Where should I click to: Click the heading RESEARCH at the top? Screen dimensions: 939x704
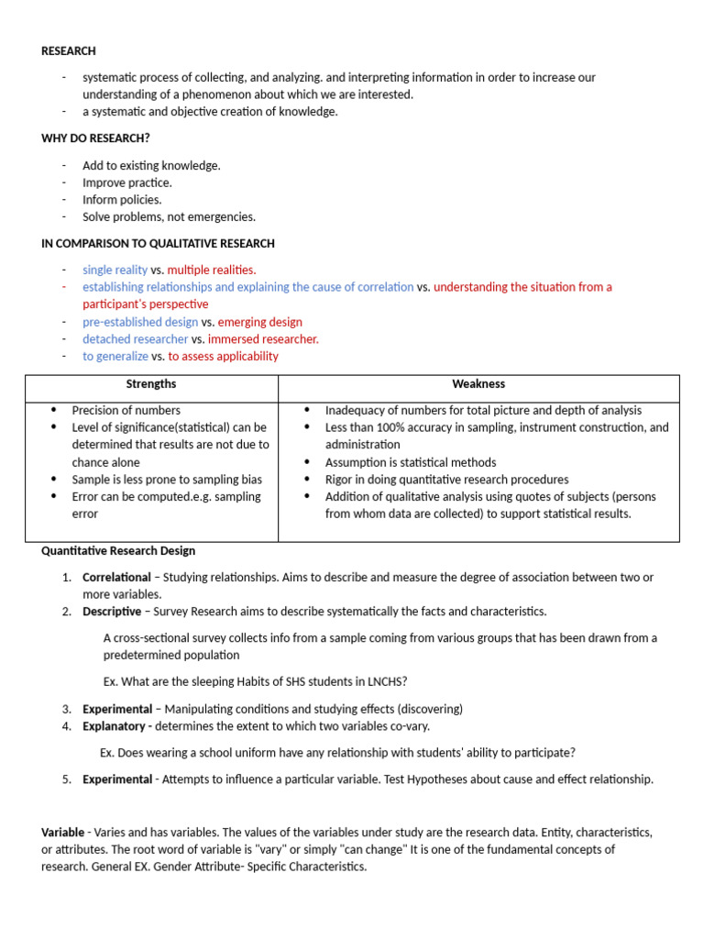click(69, 51)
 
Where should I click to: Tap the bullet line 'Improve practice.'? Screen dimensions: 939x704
click(126, 182)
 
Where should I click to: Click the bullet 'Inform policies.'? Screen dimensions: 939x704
click(121, 200)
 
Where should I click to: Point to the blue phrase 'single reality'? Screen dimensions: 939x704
click(115, 270)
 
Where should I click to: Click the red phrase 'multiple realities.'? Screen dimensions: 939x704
click(211, 270)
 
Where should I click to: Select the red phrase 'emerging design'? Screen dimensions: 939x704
click(259, 322)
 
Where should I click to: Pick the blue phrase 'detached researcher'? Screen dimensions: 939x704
click(135, 339)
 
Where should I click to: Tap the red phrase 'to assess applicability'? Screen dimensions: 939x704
click(223, 356)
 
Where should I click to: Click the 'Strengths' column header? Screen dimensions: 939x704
click(151, 384)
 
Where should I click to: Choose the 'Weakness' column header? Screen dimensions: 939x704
click(478, 384)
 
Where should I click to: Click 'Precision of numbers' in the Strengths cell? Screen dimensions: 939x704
click(126, 411)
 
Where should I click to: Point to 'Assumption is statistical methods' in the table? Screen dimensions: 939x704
click(410, 462)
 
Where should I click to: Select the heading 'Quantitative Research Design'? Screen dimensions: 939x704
click(118, 551)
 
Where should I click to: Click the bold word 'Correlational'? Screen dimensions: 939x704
click(116, 578)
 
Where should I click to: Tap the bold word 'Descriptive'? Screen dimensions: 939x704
click(112, 612)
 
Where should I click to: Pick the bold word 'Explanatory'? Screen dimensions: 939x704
click(115, 726)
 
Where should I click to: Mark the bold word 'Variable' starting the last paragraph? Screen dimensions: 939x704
click(62, 833)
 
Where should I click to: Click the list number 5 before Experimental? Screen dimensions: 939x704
click(67, 779)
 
